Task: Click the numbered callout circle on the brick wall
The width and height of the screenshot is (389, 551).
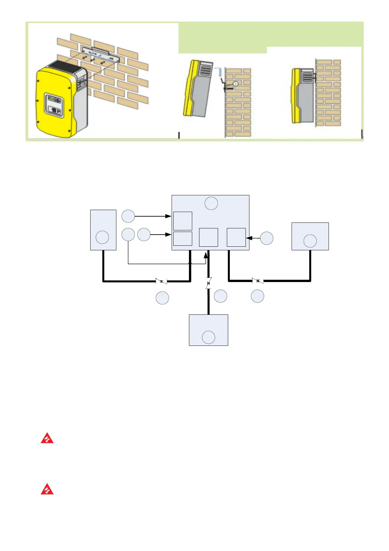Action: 236,83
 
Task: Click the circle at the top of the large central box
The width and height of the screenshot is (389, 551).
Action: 211,203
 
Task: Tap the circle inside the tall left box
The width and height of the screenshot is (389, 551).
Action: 103,237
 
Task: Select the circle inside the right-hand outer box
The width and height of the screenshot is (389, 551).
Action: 310,241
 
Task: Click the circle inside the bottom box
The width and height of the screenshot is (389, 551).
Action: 209,337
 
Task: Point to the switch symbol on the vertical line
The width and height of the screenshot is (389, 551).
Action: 209,283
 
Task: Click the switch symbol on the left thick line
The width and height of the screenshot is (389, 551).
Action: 161,281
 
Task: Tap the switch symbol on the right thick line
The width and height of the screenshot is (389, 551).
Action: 258,281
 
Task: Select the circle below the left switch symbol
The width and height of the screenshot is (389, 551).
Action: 162,298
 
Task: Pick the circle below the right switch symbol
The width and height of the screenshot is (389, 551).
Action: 258,296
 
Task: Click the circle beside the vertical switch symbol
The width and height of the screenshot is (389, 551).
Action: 221,296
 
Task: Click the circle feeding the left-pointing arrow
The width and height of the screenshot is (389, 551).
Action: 267,238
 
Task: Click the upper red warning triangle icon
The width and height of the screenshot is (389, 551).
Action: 47,438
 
